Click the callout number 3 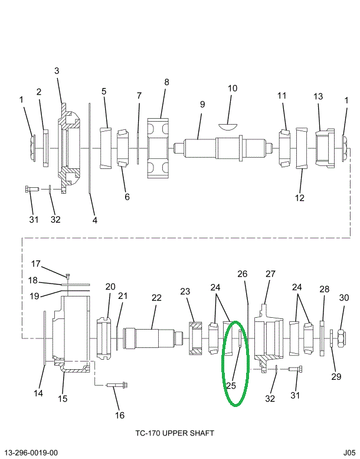pyautogui.click(x=57, y=71)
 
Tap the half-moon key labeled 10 pyautogui.click(x=227, y=125)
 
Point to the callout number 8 pyautogui.click(x=166, y=82)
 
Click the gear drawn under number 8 pyautogui.click(x=158, y=147)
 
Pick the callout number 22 pyautogui.click(x=156, y=298)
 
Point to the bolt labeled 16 pyautogui.click(x=117, y=387)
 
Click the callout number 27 pyautogui.click(x=270, y=274)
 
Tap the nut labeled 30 pyautogui.click(x=341, y=339)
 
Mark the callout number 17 pyautogui.click(x=35, y=263)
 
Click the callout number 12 pyautogui.click(x=300, y=197)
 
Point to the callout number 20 pyautogui.click(x=110, y=287)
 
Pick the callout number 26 pyautogui.click(x=243, y=274)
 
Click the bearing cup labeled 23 pyautogui.click(x=194, y=338)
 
